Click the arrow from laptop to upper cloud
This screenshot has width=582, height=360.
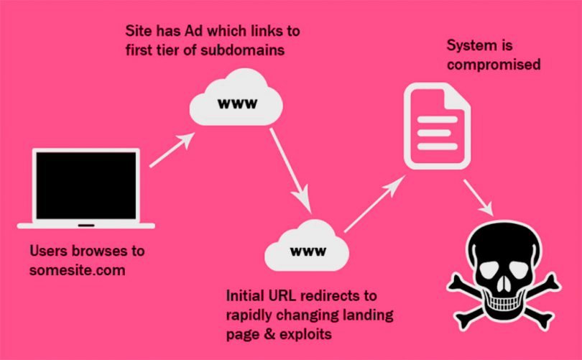click(x=172, y=152)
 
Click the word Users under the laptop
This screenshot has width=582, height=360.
click(x=50, y=251)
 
